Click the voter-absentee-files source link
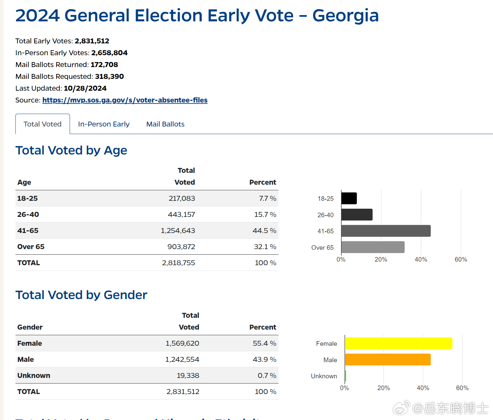tap(125, 100)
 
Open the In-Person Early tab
tap(104, 124)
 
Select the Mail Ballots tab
tap(165, 124)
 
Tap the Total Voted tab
tap(43, 124)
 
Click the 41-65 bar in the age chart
tap(386, 231)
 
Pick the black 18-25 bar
tap(349, 198)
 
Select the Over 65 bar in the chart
tap(373, 247)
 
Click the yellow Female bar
tap(398, 343)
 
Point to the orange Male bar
tap(388, 360)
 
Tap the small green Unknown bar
tap(346, 376)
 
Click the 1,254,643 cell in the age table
tap(178, 231)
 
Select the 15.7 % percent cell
tap(265, 215)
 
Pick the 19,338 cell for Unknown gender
tap(188, 376)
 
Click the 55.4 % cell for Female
tap(264, 343)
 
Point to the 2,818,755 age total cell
tap(178, 263)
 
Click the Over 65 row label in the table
tap(31, 247)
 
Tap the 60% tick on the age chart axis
tap(461, 260)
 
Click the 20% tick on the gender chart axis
tap(384, 388)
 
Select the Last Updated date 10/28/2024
tap(85, 88)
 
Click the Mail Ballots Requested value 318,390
tap(109, 77)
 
